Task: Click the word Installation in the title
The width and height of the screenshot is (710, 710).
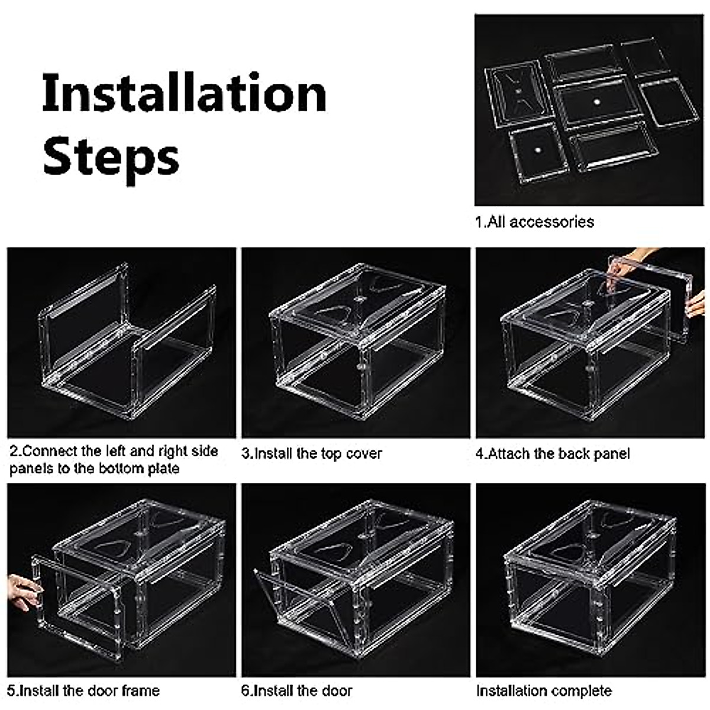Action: [184, 94]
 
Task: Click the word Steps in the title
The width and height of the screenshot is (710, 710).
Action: [111, 157]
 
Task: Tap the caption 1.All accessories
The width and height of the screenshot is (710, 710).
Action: [534, 222]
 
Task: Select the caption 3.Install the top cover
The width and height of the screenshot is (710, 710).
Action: [312, 454]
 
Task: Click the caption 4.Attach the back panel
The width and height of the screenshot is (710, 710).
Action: [553, 454]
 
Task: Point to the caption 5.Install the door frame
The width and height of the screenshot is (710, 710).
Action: [84, 690]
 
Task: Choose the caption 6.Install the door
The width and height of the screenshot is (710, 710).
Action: [297, 690]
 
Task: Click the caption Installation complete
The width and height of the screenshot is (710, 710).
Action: [544, 690]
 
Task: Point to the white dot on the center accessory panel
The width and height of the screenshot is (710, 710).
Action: [596, 102]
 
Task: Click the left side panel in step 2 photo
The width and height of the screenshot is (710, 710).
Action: [83, 319]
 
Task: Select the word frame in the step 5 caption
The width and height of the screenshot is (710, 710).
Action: [141, 690]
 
